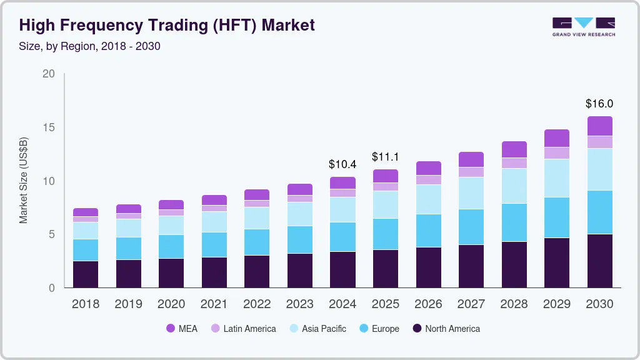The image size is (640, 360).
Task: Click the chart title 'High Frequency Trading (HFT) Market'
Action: [x=167, y=25]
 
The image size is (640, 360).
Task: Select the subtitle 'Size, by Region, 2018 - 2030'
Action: [x=90, y=46]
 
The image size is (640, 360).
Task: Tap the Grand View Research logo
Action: [x=583, y=26]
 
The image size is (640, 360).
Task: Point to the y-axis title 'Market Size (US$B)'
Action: [x=24, y=181]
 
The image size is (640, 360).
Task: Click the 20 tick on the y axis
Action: [x=49, y=74]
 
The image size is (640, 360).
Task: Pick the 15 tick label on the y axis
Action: [x=49, y=127]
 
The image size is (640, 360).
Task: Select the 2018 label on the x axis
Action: [x=86, y=304]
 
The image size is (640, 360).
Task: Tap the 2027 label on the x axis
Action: [x=471, y=304]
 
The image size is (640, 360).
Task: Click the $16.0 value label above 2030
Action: [x=599, y=104]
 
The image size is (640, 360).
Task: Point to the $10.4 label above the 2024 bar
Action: [x=342, y=164]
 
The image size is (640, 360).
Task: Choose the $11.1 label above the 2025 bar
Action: [x=386, y=157]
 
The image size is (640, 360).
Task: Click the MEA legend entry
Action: [x=182, y=328]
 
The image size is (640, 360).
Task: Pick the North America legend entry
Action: [x=446, y=328]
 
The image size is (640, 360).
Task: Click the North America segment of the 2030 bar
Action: [x=600, y=261]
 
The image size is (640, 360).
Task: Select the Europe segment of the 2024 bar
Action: [x=343, y=237]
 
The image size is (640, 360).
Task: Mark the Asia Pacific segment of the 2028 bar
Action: [x=514, y=186]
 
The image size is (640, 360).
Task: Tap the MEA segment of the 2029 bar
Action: [x=557, y=138]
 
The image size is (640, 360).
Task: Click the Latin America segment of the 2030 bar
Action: [x=600, y=142]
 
